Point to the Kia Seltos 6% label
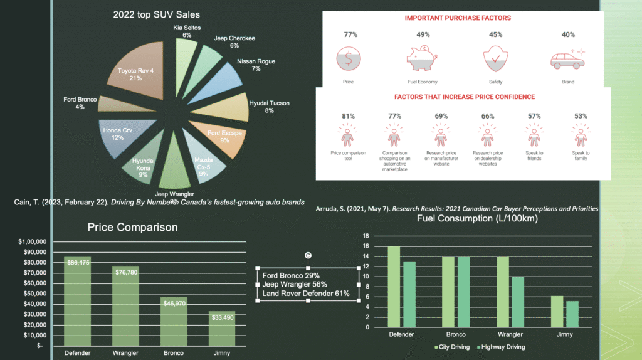tap(187, 31)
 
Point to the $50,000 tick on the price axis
tap(33, 294)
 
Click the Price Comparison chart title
tap(132, 227)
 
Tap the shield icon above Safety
tap(495, 59)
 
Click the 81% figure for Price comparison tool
tap(349, 116)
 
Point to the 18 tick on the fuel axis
tap(367, 236)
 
